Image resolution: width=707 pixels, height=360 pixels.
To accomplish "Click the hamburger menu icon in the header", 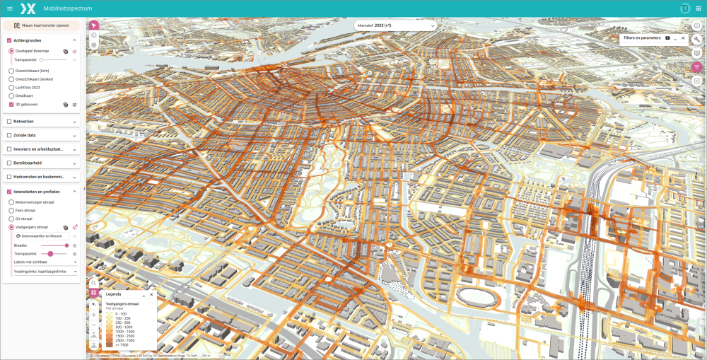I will click(9, 8).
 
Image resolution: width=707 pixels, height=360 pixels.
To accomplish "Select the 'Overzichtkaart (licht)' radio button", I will click(11, 71).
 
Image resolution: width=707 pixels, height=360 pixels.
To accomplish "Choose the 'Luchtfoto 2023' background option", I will click(11, 87).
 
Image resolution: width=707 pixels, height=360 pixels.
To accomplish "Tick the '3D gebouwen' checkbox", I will click(11, 104).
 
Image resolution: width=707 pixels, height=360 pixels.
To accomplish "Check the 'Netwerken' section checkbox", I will click(8, 121).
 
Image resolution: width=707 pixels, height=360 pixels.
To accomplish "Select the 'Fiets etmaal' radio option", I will click(11, 210).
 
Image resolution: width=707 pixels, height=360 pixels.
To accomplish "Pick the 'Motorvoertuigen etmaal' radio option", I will click(11, 202).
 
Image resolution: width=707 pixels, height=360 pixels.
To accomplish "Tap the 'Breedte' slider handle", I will click(66, 245).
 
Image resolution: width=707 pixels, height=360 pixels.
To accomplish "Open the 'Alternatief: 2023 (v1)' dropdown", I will click(395, 25).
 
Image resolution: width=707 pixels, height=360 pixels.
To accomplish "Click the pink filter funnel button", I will click(697, 67).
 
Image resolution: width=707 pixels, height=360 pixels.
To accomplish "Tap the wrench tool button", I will click(697, 39).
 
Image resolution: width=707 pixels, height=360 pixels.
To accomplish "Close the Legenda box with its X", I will click(151, 294).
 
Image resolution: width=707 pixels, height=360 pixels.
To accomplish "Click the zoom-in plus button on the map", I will click(94, 314).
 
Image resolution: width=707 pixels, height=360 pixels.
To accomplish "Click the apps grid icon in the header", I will click(699, 8).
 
